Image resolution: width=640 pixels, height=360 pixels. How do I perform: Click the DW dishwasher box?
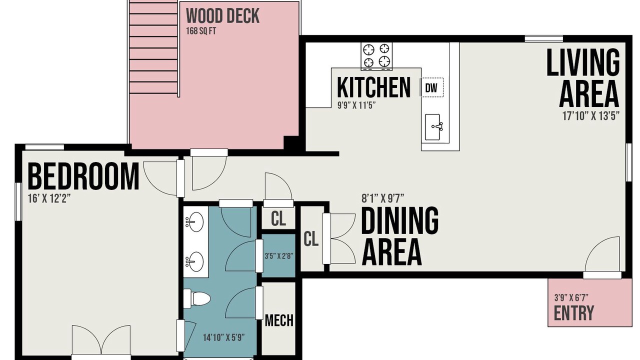[x=431, y=87]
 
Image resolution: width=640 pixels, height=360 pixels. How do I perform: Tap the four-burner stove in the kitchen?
[x=376, y=56]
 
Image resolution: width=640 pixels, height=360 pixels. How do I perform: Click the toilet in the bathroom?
[x=196, y=298]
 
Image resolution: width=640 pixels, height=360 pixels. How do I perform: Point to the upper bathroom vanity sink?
[x=194, y=221]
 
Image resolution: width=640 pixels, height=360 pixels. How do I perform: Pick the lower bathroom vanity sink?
[x=194, y=261]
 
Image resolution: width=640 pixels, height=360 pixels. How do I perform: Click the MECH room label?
[x=279, y=320]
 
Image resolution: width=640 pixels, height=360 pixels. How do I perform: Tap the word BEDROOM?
[x=83, y=176]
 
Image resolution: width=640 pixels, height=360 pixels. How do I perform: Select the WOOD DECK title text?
[x=222, y=16]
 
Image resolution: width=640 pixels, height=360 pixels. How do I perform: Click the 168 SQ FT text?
[x=201, y=31]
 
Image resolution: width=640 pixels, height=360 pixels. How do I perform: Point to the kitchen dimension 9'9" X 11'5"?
[x=356, y=105]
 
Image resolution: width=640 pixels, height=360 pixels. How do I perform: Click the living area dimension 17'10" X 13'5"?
[x=591, y=116]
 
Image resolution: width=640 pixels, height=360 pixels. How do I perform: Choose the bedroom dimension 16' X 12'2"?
[x=49, y=198]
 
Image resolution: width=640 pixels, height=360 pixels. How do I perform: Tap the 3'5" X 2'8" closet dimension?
[x=279, y=255]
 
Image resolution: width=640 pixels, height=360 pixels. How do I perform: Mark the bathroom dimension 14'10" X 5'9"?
[x=223, y=337]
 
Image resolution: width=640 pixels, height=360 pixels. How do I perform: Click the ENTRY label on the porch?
[x=573, y=313]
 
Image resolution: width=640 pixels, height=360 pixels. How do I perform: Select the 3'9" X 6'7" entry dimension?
[x=571, y=298]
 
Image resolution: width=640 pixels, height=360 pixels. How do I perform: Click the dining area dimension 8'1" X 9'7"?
[x=383, y=198]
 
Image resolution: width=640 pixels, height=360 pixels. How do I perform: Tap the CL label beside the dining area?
[x=311, y=239]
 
